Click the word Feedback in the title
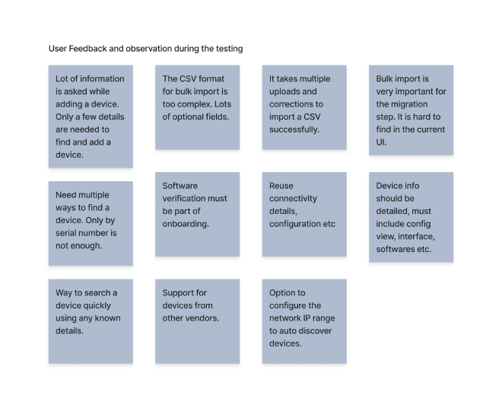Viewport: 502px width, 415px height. point(87,49)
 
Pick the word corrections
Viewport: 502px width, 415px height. point(296,104)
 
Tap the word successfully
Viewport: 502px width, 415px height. point(293,129)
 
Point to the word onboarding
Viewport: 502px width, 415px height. point(186,224)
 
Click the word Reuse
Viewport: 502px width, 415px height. point(281,185)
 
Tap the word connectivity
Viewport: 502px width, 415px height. point(293,198)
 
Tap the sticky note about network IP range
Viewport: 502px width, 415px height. point(305,324)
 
